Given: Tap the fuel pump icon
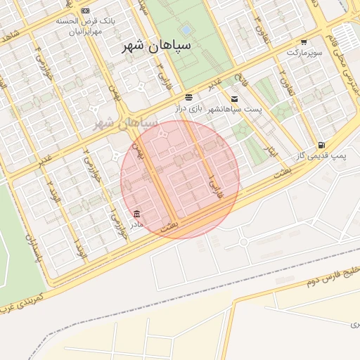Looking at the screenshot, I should click(x=321, y=145).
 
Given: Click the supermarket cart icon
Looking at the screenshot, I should click(x=304, y=41).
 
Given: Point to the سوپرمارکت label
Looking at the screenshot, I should click(x=304, y=53).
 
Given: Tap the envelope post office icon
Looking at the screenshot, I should click(x=234, y=99).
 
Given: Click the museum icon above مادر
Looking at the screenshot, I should click(x=136, y=213).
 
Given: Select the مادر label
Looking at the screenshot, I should click(x=135, y=224).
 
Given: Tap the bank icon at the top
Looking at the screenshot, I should click(x=86, y=11).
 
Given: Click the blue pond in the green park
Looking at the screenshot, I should click(x=186, y=30).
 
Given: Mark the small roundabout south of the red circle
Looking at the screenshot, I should click(x=243, y=242).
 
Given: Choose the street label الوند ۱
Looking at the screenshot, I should click(x=81, y=246).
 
